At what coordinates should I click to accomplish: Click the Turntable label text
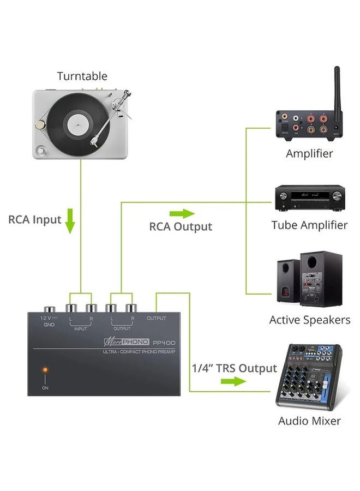pos(82,76)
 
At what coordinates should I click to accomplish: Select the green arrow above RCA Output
pos(182,212)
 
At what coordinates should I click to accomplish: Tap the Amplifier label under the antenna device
pos(309,153)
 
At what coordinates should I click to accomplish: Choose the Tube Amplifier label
pos(309,225)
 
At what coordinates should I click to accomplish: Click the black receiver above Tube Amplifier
pos(309,198)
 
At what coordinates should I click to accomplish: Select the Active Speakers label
pos(309,320)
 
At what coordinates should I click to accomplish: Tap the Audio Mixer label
pos(309,421)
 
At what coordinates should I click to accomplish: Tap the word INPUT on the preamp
pos(80,329)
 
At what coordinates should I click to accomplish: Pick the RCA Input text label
pos(34,220)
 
